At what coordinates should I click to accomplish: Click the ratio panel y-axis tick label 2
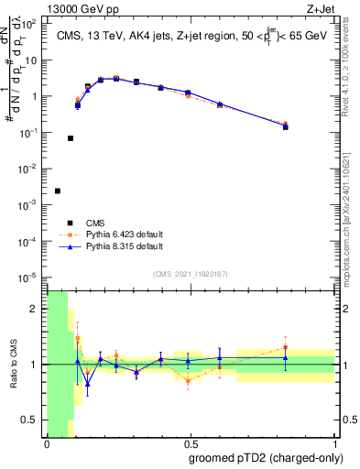point(38,309)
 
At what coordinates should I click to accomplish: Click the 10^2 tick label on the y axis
point(32,24)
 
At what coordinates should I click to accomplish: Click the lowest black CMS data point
point(58,191)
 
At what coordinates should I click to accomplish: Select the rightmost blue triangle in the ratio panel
point(285,358)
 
